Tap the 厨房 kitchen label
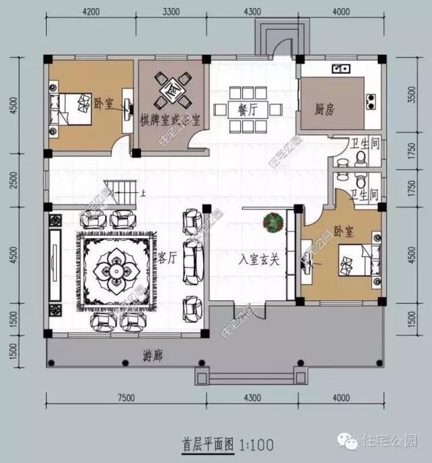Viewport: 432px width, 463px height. pyautogui.click(x=326, y=110)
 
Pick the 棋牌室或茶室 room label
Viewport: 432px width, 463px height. pyautogui.click(x=170, y=120)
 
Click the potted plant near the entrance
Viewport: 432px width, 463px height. pyautogui.click(x=274, y=222)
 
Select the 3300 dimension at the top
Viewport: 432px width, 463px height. pyautogui.click(x=171, y=12)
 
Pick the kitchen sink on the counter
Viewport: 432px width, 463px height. pyautogui.click(x=340, y=68)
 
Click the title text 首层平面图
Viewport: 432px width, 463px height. pyautogui.click(x=207, y=445)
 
